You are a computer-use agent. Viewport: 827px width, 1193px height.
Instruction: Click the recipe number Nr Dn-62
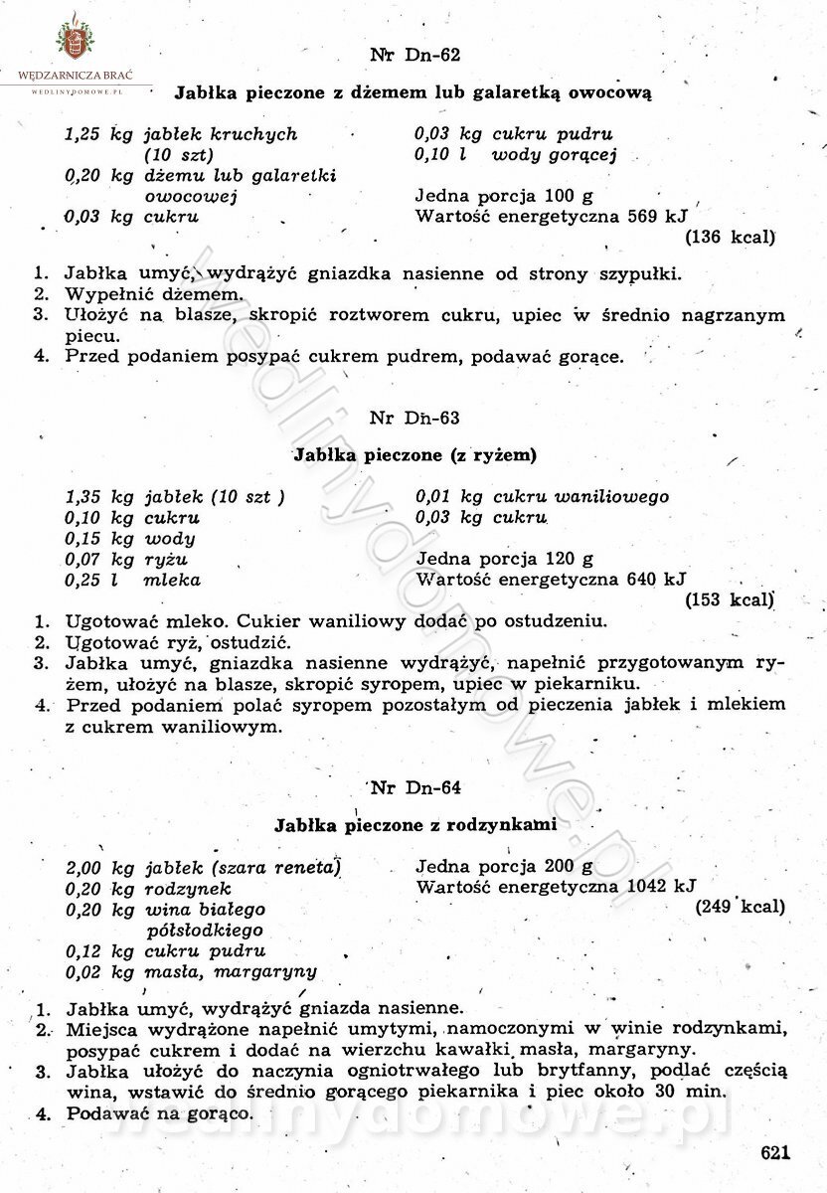[x=414, y=55]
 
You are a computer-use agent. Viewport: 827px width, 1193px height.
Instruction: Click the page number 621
[x=774, y=1152]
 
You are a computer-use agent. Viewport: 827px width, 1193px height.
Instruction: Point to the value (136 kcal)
[x=731, y=238]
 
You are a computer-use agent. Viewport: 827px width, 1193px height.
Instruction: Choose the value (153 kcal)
[x=731, y=599]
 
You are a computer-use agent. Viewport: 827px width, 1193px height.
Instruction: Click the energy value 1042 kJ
[x=661, y=886]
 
